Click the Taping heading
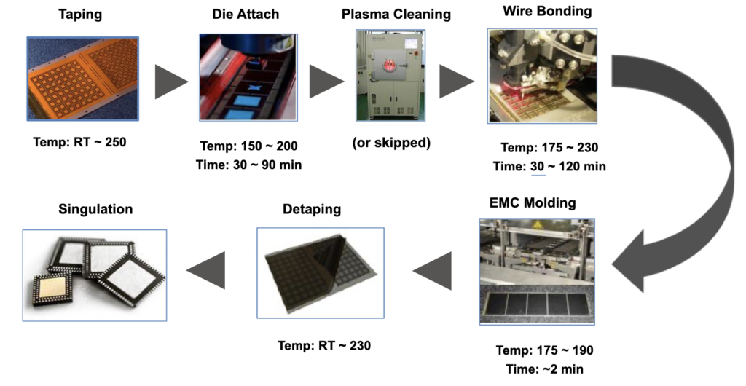point(81,15)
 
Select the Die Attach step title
point(247,15)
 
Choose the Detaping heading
point(311,209)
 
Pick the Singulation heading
point(95,209)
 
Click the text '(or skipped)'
point(391,142)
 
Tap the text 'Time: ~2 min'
point(540,369)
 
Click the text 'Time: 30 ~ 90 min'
point(248,165)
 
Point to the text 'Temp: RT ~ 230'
point(324,345)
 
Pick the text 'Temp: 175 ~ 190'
point(540,350)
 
